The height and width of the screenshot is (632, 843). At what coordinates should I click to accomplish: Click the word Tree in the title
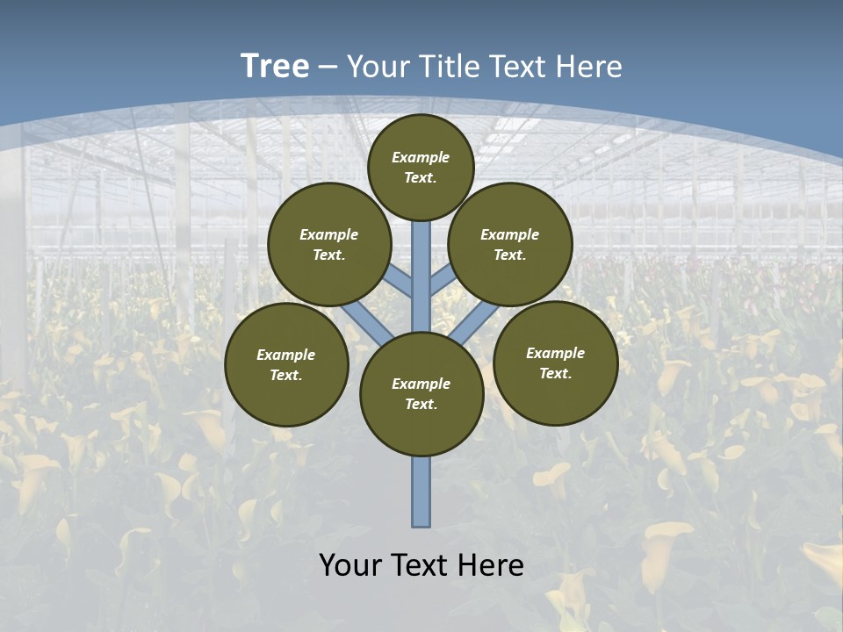coord(275,66)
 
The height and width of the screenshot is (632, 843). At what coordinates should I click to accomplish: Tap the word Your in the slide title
coord(376,66)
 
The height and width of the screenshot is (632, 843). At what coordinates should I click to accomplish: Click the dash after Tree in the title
coord(328,67)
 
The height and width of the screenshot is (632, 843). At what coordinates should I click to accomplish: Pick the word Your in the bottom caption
coord(350,565)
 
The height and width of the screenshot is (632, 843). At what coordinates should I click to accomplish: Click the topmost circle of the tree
coord(421,167)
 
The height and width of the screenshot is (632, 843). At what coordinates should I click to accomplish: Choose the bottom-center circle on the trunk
coord(421,394)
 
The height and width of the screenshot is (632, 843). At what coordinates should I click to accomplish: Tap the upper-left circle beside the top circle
coord(329,244)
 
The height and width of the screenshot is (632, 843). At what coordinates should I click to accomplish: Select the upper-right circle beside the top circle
coord(510,244)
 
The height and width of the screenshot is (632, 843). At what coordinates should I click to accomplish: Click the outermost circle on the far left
coord(286,364)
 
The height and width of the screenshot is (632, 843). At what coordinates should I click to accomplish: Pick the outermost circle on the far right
coord(555,363)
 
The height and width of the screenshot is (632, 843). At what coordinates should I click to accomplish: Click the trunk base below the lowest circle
coord(421,492)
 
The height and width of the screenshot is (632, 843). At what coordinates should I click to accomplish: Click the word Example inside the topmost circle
coord(421,157)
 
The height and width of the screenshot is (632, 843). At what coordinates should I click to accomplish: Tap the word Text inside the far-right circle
coord(555,373)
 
